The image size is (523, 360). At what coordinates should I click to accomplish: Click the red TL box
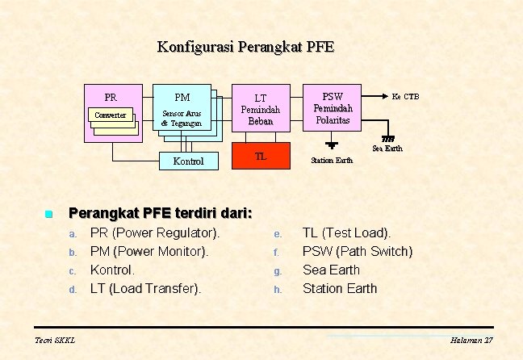(261, 157)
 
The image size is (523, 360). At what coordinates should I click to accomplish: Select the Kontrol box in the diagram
(189, 161)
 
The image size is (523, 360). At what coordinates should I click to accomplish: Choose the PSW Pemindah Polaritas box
(332, 107)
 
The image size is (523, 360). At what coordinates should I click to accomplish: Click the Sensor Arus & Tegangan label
(182, 118)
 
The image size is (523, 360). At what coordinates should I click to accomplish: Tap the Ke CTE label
(405, 96)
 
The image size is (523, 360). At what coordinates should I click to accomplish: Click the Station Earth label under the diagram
(332, 160)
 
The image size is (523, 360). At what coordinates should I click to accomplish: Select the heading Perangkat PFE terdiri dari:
(161, 214)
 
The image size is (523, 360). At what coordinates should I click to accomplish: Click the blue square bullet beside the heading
(48, 215)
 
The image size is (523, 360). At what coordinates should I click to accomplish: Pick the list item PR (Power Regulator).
(154, 233)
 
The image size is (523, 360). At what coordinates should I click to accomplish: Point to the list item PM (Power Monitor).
(149, 251)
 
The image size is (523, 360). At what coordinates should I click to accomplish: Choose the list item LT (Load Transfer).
(146, 288)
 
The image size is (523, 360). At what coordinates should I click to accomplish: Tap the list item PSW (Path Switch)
(357, 251)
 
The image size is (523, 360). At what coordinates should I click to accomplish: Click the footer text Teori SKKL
(55, 341)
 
